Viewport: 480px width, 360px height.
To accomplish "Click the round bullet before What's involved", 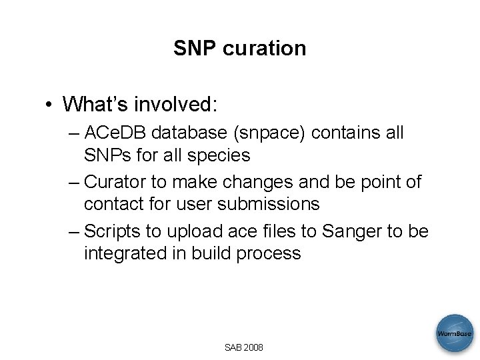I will tap(50, 105).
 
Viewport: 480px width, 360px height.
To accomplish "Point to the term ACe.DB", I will tap(116, 133).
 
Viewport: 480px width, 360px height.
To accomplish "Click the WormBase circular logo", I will tap(455, 333).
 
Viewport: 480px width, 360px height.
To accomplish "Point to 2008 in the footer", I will tap(253, 347).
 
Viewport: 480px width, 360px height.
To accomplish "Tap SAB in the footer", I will tap(233, 347).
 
